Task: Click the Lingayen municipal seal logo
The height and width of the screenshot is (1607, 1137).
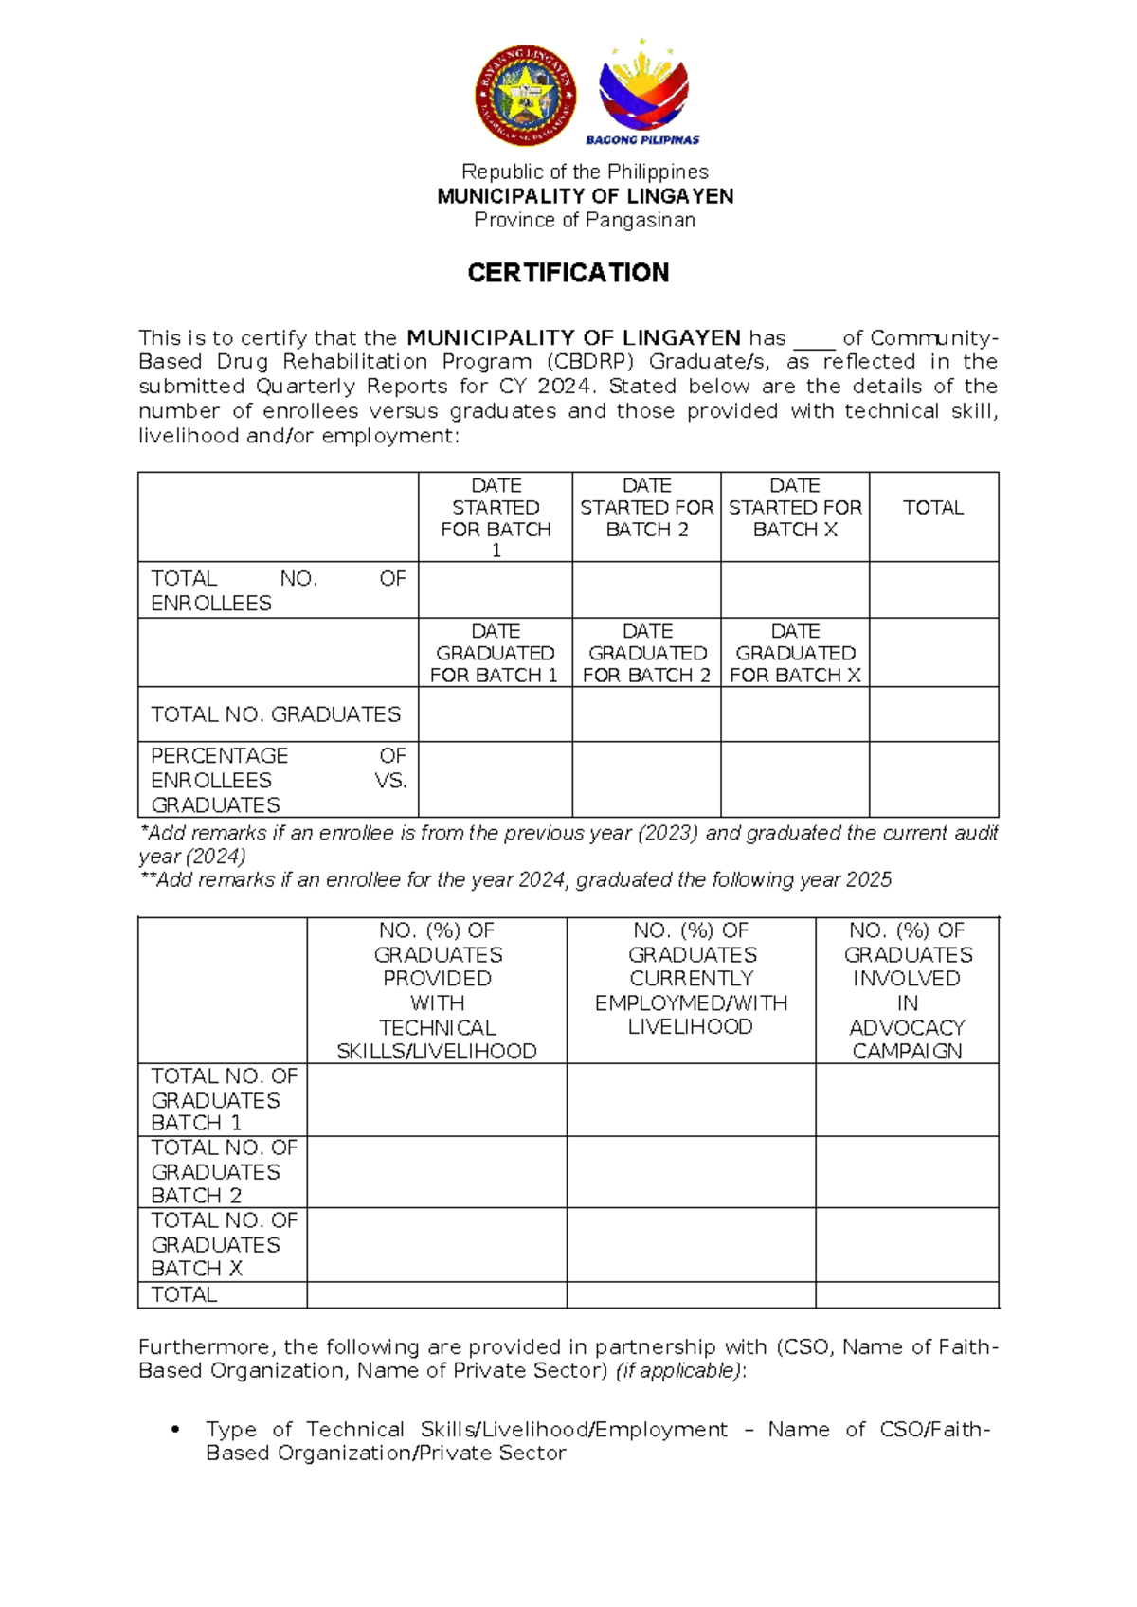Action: click(526, 95)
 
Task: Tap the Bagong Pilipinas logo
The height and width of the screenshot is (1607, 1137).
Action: click(642, 93)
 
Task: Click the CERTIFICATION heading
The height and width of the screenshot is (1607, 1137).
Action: click(568, 273)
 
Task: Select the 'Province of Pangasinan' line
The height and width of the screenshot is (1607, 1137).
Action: click(585, 220)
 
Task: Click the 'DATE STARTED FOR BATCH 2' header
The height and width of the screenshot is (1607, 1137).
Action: click(646, 507)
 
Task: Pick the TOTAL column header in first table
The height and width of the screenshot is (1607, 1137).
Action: click(933, 508)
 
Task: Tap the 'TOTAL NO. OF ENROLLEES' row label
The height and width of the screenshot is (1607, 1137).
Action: click(278, 590)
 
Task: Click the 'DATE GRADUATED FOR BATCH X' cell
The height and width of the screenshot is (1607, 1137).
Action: click(795, 653)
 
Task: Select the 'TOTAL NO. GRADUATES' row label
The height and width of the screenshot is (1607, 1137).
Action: click(276, 714)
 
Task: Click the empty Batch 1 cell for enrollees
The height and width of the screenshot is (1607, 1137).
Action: click(496, 590)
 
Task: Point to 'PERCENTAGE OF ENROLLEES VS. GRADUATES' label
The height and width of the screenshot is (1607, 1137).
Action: click(278, 780)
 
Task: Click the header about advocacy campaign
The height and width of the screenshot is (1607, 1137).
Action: click(907, 990)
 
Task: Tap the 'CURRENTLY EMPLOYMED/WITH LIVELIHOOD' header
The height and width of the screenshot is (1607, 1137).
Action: click(691, 979)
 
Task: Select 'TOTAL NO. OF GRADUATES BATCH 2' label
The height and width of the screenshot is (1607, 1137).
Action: click(224, 1171)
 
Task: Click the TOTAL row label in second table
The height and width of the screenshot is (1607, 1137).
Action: click(185, 1294)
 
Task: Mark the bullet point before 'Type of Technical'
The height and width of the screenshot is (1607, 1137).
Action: click(174, 1430)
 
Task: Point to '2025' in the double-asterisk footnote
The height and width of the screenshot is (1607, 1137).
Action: click(869, 880)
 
